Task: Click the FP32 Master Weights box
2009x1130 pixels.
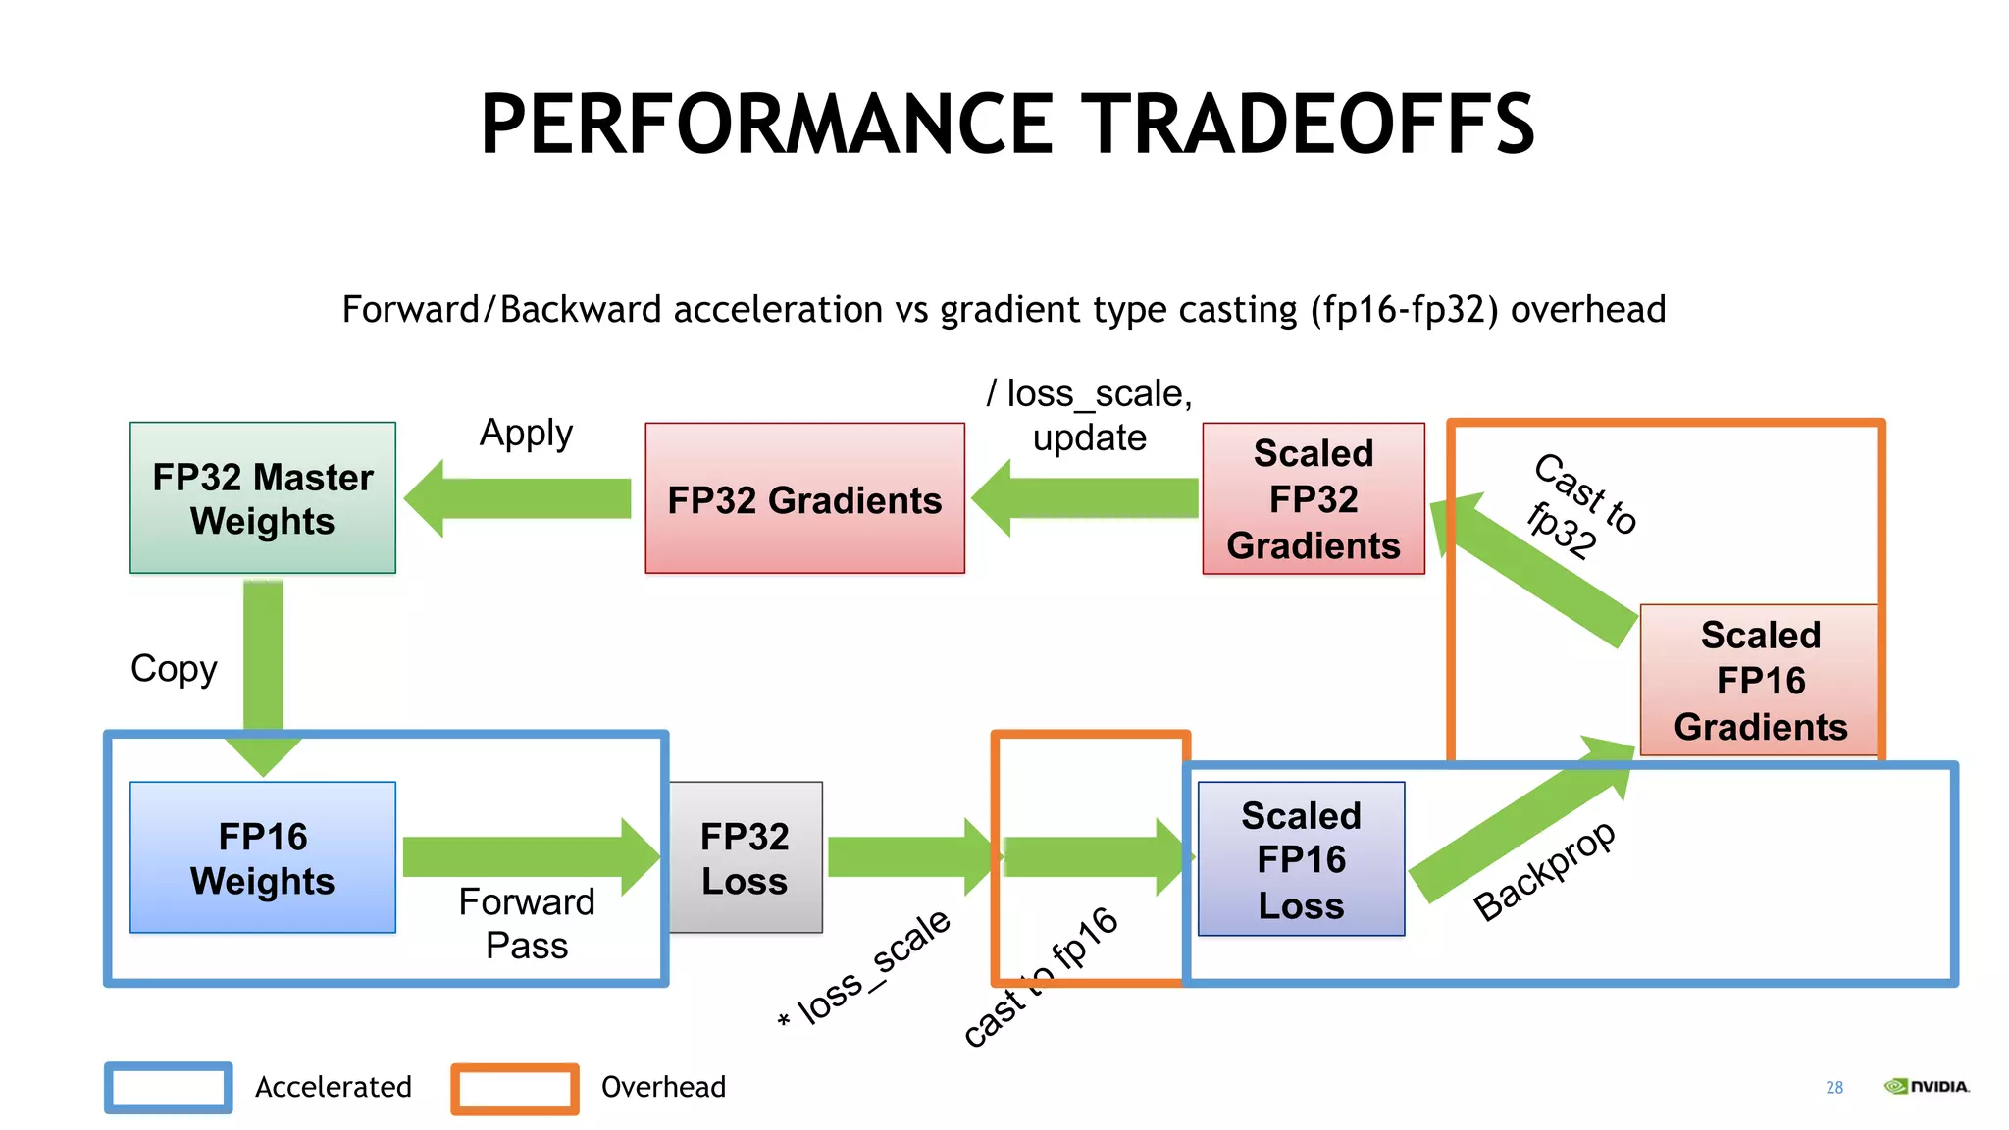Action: pos(263,498)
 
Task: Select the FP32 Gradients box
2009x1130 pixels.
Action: pos(804,498)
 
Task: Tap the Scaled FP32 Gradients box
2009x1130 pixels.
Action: pos(1313,498)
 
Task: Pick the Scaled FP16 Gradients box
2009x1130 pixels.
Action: pos(1760,681)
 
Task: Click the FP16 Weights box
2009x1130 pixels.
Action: pos(263,857)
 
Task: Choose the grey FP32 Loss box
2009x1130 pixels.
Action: pos(746,857)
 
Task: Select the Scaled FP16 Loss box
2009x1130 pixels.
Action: pos(1301,859)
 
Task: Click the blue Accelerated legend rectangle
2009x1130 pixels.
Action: pos(169,1087)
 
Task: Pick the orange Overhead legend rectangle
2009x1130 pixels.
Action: pos(515,1088)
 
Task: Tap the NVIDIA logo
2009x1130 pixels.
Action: pos(1927,1086)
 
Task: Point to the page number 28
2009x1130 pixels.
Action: pos(1834,1087)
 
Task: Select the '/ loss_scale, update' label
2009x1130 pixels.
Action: pos(1089,415)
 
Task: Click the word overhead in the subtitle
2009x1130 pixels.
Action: pos(1587,310)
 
